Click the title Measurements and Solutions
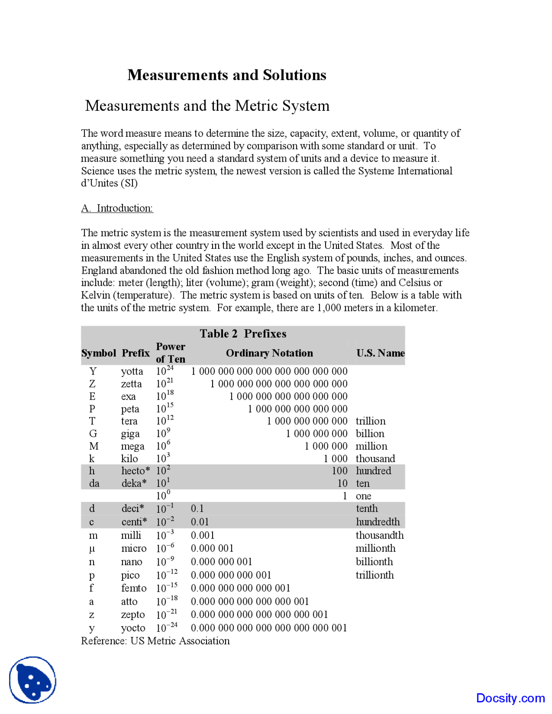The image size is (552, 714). (227, 75)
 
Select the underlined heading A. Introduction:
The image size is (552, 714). (117, 208)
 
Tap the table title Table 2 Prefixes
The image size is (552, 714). (243, 334)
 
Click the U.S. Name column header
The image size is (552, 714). (380, 353)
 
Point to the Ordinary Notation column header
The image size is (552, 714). (269, 353)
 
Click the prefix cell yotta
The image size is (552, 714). (132, 371)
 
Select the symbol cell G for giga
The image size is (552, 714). (93, 434)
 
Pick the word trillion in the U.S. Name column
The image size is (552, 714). (370, 421)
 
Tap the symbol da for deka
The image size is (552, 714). (94, 484)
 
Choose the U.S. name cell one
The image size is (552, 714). (363, 496)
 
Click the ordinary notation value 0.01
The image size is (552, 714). (200, 522)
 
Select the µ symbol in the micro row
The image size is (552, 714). (91, 549)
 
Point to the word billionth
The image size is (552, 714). (374, 562)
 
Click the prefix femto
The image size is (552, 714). (134, 589)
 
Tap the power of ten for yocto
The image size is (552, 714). (166, 627)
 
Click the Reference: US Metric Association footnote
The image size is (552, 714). (155, 641)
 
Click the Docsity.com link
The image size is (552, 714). (510, 698)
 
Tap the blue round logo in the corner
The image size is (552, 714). (33, 680)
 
